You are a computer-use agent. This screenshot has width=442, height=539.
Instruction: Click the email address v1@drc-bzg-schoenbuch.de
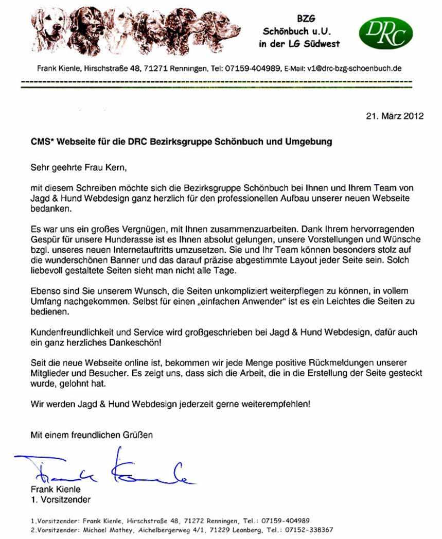pos(354,68)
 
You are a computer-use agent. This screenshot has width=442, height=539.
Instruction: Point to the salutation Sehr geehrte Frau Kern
pos(78,167)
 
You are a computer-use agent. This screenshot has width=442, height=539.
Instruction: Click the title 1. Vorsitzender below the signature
pos(61,499)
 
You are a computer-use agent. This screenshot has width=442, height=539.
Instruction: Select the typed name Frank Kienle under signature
pos(56,490)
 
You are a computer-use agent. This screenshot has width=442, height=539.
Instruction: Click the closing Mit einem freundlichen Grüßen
pos(92,435)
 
